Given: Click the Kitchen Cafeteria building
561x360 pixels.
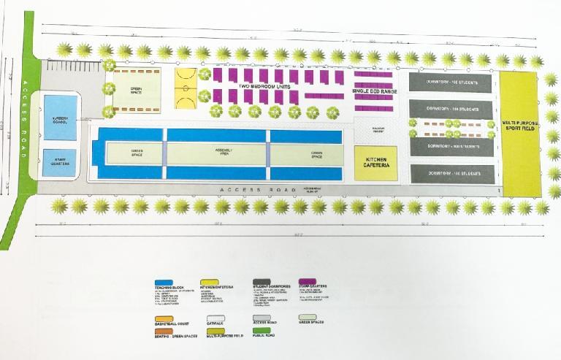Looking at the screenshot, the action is (x=376, y=164).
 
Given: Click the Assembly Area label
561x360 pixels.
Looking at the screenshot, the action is (x=217, y=153).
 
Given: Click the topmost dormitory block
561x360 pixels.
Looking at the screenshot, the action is (x=450, y=83).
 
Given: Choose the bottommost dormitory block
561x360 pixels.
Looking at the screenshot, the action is (x=450, y=174).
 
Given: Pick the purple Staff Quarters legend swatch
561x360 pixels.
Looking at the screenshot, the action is (x=307, y=280).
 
